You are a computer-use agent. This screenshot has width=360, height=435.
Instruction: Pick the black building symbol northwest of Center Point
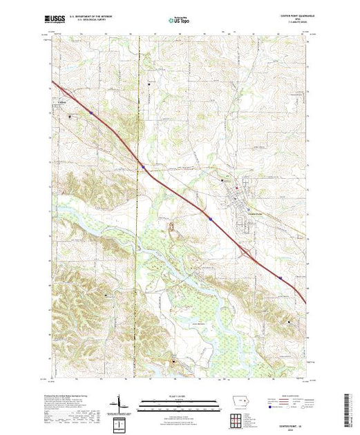(x=222, y=180)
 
